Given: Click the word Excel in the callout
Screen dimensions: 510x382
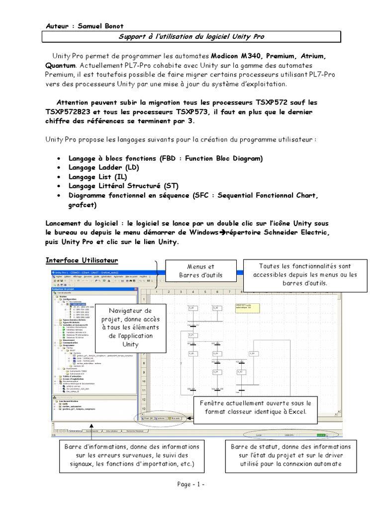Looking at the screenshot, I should point(296,412).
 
